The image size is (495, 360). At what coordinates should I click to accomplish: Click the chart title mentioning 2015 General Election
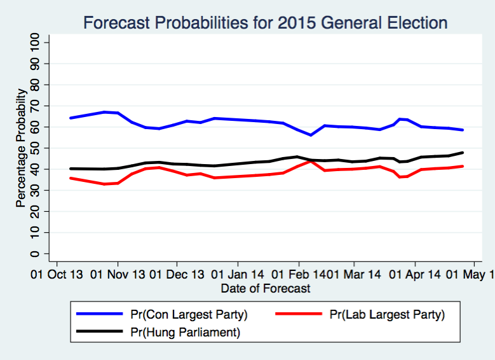266,23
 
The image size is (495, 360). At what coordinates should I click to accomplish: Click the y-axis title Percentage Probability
21,148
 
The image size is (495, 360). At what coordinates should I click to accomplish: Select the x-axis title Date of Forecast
266,289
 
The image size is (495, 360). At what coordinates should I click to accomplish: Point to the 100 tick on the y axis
36,43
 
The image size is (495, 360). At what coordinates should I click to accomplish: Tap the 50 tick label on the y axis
36,148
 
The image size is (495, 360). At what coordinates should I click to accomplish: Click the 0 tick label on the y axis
36,254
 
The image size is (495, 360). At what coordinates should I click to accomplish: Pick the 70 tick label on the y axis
36,106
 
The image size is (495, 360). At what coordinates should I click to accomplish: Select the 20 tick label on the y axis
36,211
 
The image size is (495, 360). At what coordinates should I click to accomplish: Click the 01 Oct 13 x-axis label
57,275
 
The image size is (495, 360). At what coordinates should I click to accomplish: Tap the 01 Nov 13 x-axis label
117,275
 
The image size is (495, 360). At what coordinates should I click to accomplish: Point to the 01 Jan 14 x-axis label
238,275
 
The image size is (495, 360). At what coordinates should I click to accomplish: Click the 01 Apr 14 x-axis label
414,275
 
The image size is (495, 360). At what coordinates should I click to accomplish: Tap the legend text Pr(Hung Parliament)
185,332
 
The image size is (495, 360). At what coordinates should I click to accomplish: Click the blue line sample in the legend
99,314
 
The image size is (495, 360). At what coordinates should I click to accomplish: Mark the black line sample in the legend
99,331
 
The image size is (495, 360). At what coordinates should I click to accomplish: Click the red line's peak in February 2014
310,161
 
